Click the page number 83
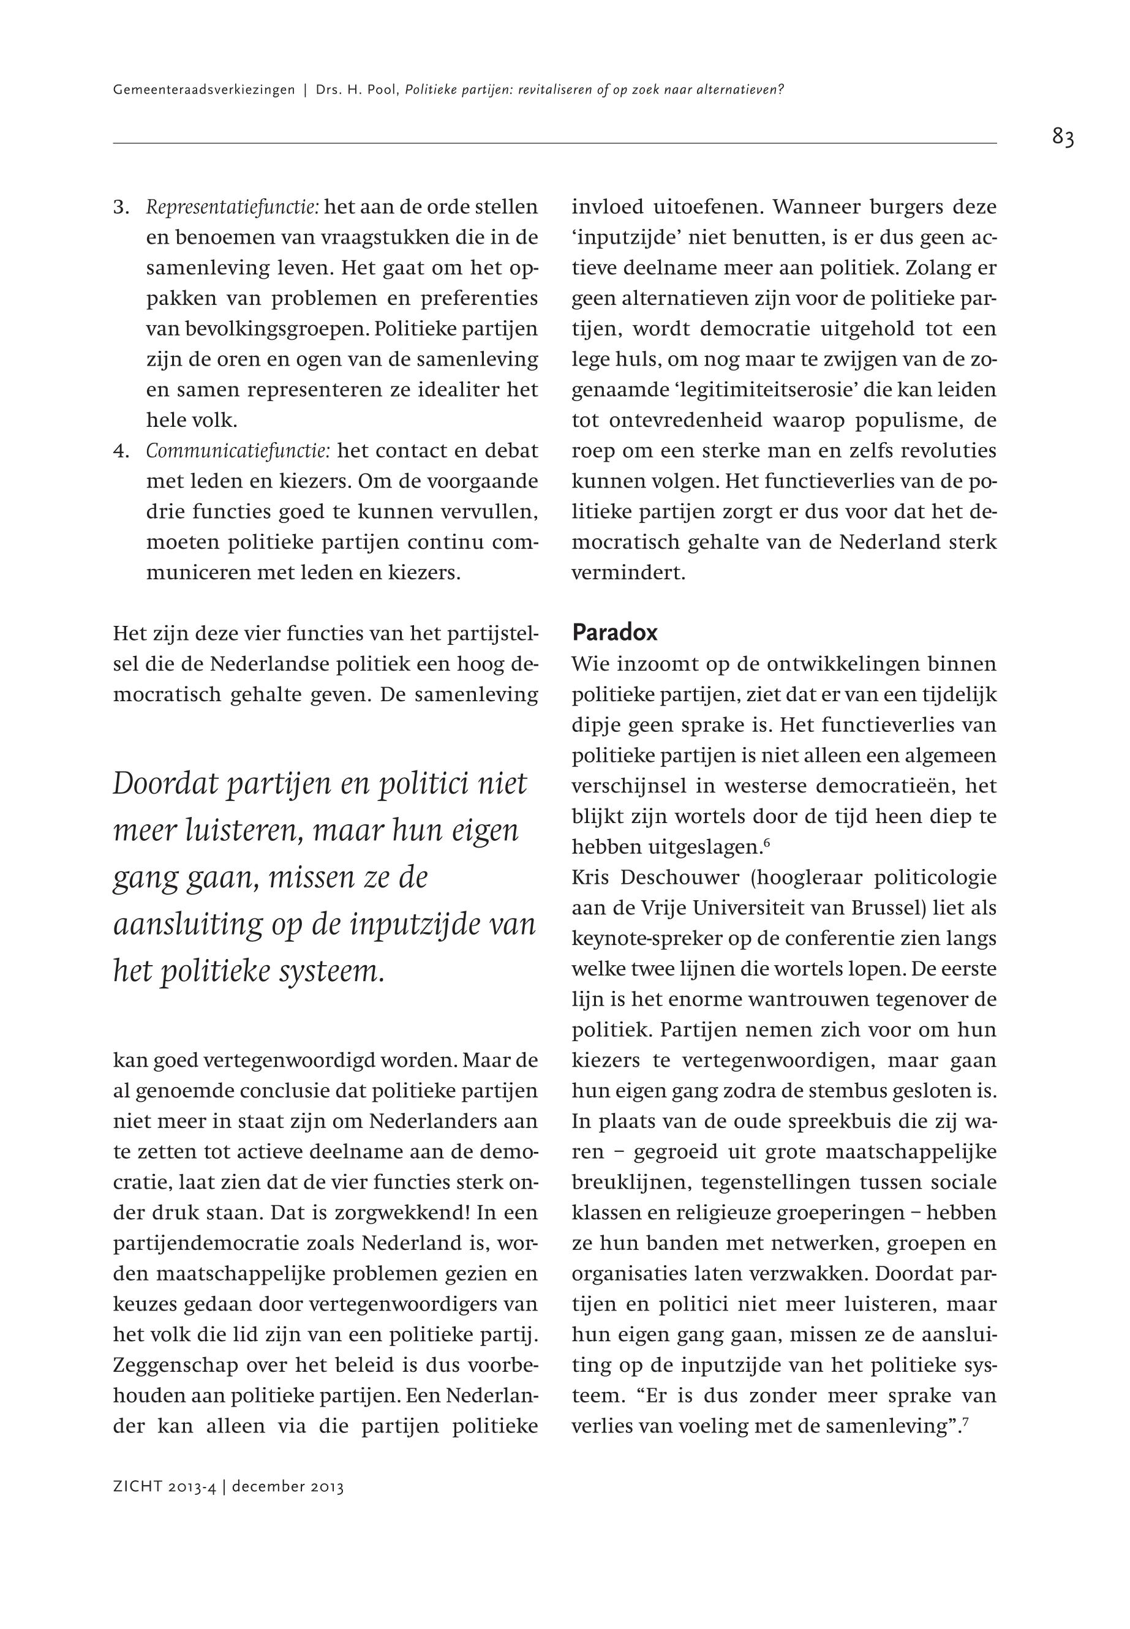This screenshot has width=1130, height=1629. tap(1063, 137)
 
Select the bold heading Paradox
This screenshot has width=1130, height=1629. tap(614, 632)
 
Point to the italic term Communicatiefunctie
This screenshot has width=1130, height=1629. tap(238, 451)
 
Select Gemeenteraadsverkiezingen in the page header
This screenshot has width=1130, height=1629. tap(203, 91)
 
